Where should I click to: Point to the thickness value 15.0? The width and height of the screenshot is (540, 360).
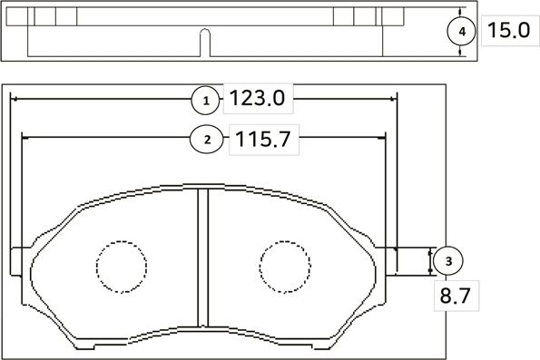point(507,31)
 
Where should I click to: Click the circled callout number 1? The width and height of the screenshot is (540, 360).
point(206,99)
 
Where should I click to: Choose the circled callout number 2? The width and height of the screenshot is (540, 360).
point(207,140)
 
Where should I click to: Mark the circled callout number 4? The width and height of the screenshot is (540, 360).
point(462,31)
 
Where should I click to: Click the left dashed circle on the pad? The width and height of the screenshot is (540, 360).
point(122,266)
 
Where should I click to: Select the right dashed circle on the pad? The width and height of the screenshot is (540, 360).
point(285,266)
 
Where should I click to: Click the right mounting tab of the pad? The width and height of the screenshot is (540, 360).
point(388,260)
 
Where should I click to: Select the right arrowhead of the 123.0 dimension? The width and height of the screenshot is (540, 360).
point(392,99)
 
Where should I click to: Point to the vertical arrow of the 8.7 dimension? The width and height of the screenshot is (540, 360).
point(429,261)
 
